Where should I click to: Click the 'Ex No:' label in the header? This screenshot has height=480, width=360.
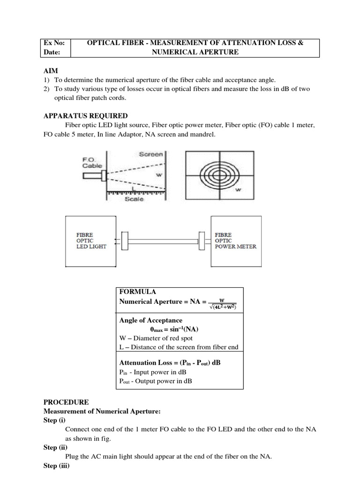tap(54, 43)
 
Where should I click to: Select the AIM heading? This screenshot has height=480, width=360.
tap(51, 70)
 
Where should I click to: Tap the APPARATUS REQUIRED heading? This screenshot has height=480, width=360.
tap(85, 116)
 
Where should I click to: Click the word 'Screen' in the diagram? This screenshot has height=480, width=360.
tap(151, 154)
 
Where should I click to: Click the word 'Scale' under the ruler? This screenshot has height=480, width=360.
tap(135, 199)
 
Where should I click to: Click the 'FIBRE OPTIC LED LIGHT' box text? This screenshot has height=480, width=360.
tap(91, 240)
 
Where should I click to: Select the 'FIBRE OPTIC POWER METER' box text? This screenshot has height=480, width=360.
tap(235, 240)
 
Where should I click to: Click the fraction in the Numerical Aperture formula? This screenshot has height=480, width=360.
tap(222, 304)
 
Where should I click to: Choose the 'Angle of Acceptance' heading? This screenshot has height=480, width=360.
tap(151, 321)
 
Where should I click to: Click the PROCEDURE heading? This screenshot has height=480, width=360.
tap(66, 402)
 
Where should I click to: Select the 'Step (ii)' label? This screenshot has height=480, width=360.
tap(57, 448)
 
